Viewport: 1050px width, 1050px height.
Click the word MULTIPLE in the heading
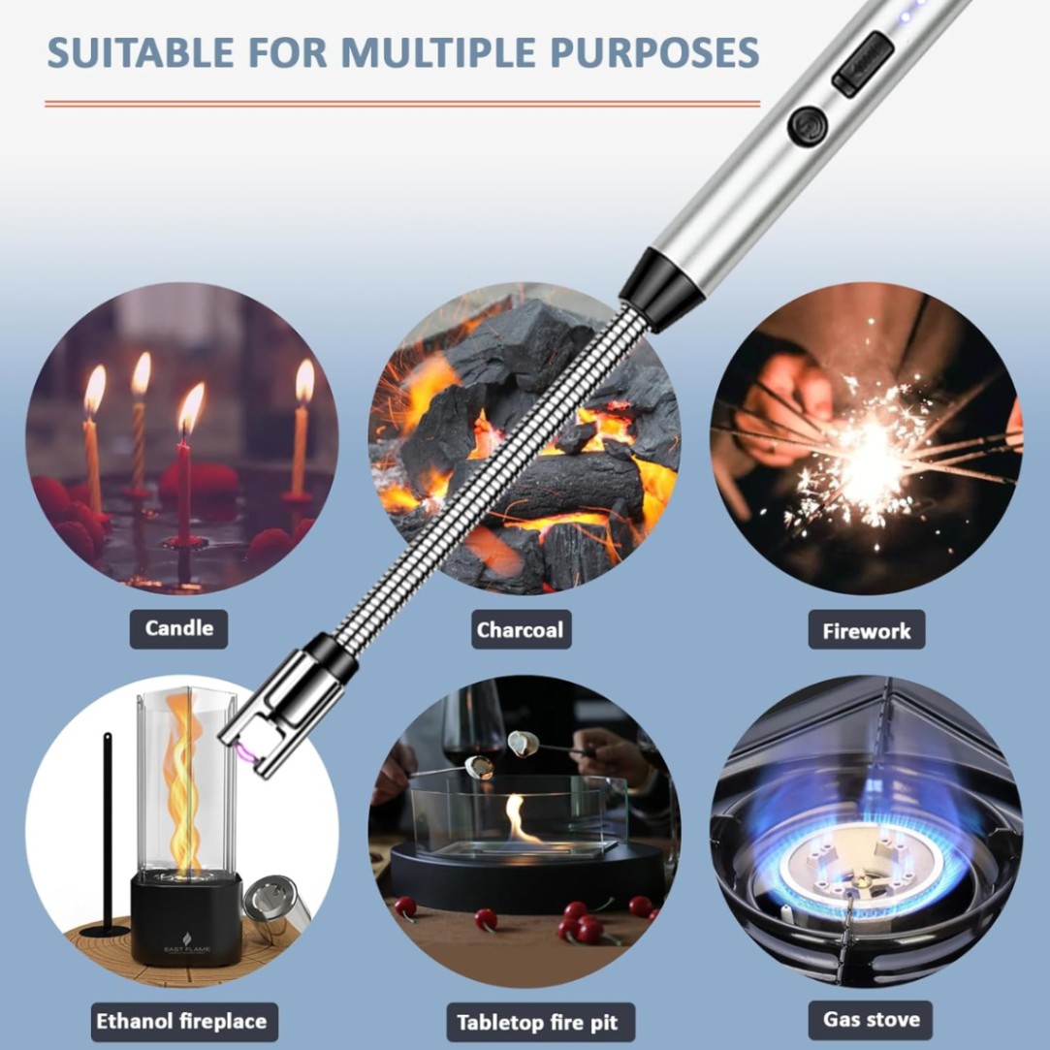[438, 52]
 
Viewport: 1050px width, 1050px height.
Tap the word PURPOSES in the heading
[654, 52]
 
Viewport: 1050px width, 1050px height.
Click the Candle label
[178, 629]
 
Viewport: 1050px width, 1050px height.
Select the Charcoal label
[521, 629]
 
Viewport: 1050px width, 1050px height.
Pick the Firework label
[867, 630]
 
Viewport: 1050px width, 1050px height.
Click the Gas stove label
[870, 1020]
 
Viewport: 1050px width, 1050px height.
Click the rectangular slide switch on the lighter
[863, 64]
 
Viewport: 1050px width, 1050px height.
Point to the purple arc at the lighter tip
[245, 754]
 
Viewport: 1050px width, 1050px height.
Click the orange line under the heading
[402, 104]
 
